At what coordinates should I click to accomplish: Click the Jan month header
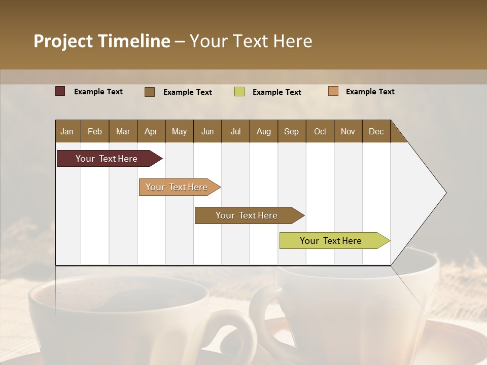(x=67, y=131)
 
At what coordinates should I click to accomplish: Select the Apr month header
(x=151, y=131)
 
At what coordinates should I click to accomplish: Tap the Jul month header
(x=235, y=131)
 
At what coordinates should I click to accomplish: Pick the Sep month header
(x=291, y=131)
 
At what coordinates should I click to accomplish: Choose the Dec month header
(x=376, y=131)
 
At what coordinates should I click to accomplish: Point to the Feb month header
(x=95, y=131)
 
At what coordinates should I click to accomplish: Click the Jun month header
(x=207, y=131)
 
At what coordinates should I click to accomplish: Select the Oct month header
(x=320, y=131)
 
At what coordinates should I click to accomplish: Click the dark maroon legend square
(x=60, y=91)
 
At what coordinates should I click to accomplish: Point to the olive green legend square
(x=239, y=92)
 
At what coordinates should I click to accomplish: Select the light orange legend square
(x=333, y=91)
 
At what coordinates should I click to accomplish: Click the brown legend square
(x=150, y=92)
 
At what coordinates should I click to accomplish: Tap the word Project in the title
(x=63, y=41)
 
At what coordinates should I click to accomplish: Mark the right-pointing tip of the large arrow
(x=445, y=193)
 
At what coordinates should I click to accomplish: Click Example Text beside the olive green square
(x=276, y=92)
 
